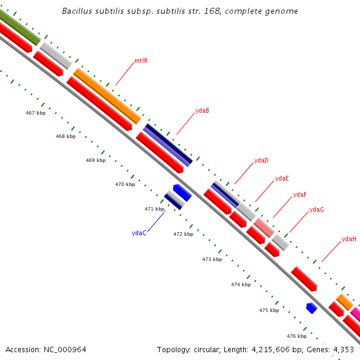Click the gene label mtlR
coord(141,61)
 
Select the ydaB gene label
coord(202,110)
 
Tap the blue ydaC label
coord(139,233)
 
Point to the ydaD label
coord(261,160)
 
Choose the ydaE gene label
coord(282,178)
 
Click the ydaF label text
coord(299,194)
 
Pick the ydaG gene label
coord(316,209)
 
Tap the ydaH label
coord(349,239)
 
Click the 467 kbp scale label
coord(36,113)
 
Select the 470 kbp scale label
coord(125,184)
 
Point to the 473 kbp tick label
coord(212,259)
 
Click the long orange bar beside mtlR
coord(107,95)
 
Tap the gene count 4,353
coord(344,349)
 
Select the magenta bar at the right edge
coord(355,314)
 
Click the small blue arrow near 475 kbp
coord(311,308)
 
